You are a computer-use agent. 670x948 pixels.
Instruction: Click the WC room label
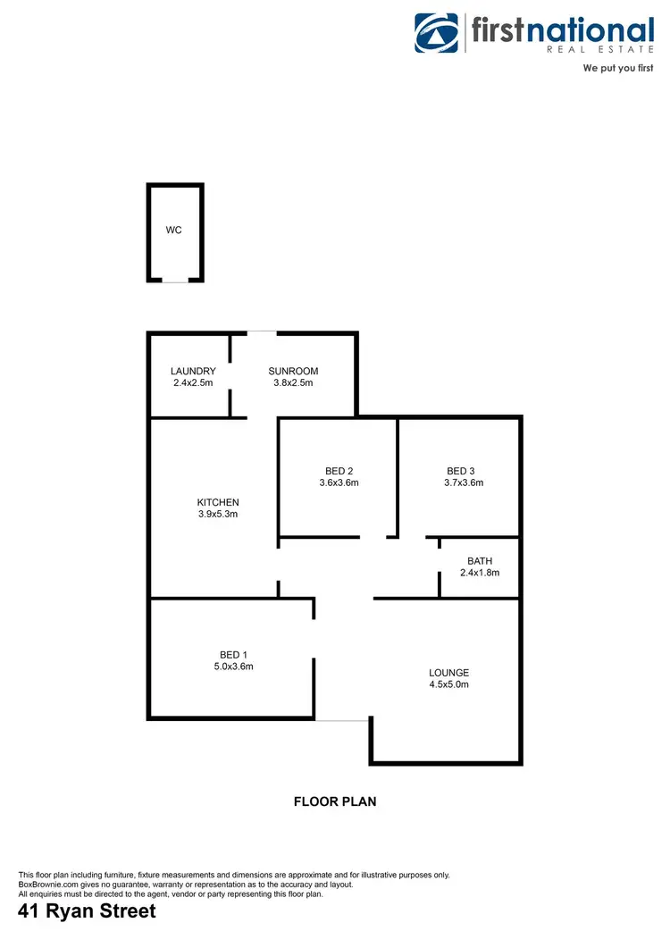(x=173, y=231)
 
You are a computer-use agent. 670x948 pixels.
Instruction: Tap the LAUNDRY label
(x=193, y=372)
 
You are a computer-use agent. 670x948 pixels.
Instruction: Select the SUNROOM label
(x=293, y=372)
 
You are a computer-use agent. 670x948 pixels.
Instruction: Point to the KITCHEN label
(x=218, y=502)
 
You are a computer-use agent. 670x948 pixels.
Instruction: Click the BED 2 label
(x=339, y=471)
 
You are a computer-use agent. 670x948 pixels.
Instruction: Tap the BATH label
(x=480, y=561)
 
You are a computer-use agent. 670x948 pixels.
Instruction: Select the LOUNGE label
(x=448, y=673)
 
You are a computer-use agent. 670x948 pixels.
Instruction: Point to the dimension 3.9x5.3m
(x=218, y=514)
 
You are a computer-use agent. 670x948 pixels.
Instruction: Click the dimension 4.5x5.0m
(x=448, y=684)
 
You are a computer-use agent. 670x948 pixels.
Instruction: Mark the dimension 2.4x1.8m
(x=480, y=573)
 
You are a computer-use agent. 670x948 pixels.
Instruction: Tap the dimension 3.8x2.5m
(x=293, y=383)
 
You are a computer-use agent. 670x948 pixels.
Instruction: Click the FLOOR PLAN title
(x=335, y=801)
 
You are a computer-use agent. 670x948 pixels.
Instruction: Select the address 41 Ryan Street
(x=88, y=912)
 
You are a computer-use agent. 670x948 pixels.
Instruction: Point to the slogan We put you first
(x=618, y=68)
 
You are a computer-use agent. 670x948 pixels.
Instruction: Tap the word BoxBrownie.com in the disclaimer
(x=48, y=884)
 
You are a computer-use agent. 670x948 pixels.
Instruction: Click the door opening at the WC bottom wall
(x=175, y=281)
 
